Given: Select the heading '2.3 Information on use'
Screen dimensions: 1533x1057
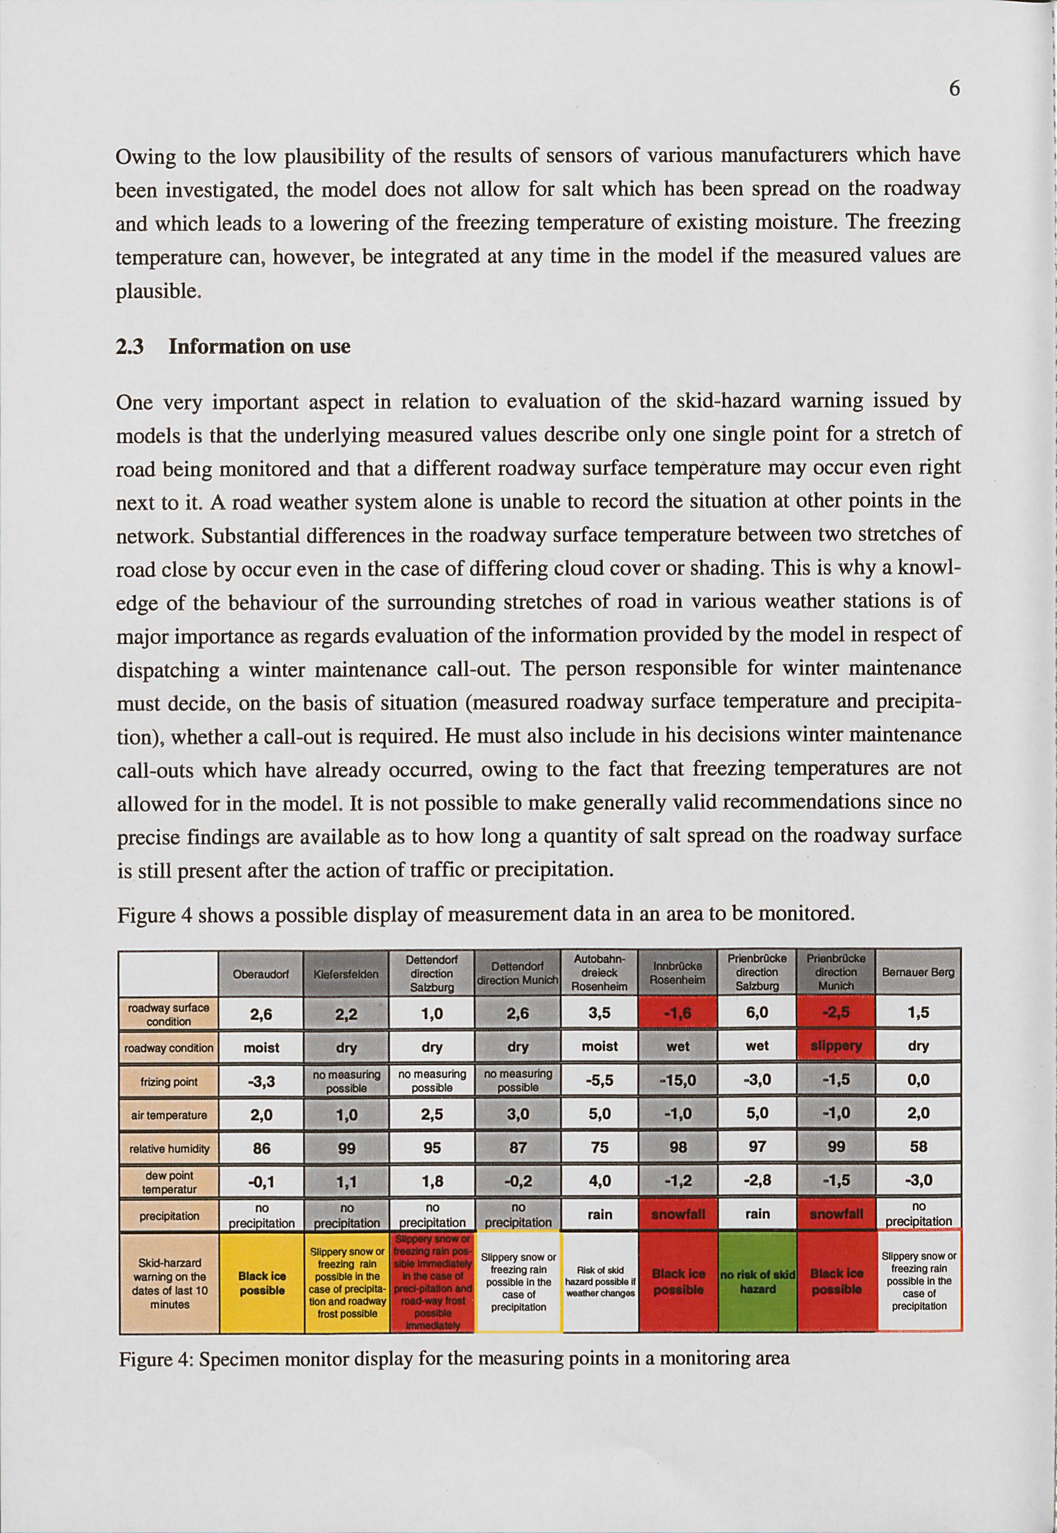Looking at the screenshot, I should tap(233, 346).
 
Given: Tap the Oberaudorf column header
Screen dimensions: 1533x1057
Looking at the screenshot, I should tap(262, 973).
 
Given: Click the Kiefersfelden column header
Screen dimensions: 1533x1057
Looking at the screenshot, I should tap(346, 973).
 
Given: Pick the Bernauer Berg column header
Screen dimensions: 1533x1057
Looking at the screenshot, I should tap(918, 973).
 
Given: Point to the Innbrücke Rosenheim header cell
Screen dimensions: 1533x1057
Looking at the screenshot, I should tap(678, 973).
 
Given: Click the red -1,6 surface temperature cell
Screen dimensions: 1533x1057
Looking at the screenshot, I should tap(678, 1013).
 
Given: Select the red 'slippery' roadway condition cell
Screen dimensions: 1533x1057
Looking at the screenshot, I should tap(837, 1046).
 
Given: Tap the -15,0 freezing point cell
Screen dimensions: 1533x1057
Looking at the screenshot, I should tap(678, 1081).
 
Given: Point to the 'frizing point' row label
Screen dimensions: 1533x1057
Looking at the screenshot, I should tap(169, 1081).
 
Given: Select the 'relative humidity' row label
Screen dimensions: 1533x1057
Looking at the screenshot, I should tap(169, 1149).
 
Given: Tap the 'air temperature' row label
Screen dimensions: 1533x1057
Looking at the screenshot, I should tap(169, 1115).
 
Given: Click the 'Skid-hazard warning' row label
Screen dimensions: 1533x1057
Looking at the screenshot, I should tap(170, 1283).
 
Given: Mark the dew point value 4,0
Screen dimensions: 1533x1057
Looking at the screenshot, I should tap(599, 1180).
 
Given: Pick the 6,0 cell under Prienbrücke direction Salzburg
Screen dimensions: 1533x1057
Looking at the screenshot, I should tap(757, 1012).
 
